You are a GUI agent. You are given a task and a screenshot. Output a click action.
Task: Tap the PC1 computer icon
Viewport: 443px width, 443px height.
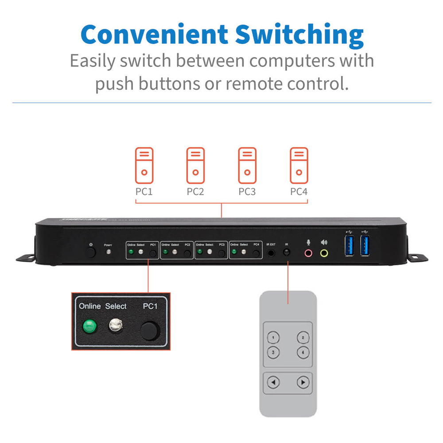pos(144,165)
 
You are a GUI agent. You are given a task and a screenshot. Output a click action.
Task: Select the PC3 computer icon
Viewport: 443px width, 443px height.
pos(247,165)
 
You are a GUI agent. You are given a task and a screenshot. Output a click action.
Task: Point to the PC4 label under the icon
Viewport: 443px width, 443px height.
pos(299,192)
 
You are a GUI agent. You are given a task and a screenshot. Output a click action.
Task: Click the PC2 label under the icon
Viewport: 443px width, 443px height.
pos(195,192)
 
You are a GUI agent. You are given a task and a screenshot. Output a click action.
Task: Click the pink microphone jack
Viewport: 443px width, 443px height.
pos(308,253)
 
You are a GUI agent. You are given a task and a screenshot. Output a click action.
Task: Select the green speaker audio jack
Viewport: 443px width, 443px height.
pos(324,253)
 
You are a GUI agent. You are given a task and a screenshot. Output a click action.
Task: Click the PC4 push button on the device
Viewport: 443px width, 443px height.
pos(256,253)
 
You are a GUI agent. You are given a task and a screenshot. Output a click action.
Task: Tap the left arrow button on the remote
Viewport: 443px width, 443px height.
pos(274,382)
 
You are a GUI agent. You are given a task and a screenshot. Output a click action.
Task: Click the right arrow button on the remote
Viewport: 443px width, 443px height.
pos(303,382)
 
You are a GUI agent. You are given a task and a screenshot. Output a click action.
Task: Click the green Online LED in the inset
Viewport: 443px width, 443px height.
pos(89,327)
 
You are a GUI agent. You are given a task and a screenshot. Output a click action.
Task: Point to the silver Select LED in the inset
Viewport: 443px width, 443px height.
pos(116,326)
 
